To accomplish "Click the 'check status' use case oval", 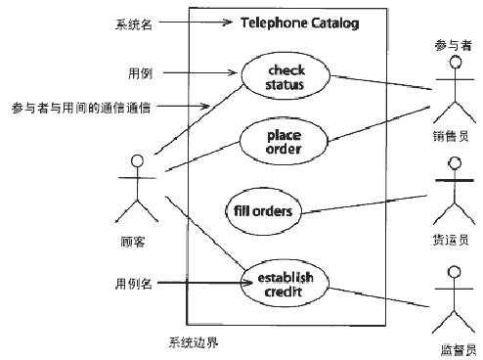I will tap(285, 76).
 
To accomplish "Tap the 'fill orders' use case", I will tap(264, 209).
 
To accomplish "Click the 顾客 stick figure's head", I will tap(138, 159).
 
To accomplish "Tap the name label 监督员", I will tap(457, 348).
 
